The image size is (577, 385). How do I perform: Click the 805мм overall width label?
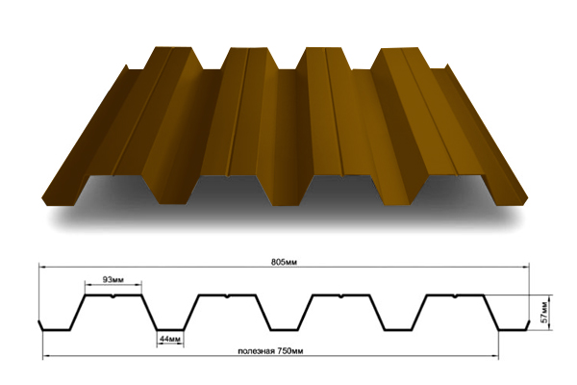[284, 263]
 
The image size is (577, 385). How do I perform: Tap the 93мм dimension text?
[113, 280]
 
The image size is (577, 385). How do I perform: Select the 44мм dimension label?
[170, 338]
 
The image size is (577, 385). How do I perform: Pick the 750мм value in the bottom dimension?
[290, 351]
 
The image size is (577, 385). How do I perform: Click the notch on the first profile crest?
[113, 296]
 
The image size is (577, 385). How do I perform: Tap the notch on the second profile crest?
[227, 296]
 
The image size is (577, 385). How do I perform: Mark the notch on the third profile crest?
[341, 296]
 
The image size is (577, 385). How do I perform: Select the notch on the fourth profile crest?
[455, 296]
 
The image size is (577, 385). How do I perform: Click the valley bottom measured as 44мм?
[170, 329]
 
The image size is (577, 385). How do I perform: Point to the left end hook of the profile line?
[40, 325]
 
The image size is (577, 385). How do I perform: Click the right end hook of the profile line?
[527, 325]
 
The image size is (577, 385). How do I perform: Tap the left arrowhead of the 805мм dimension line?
[41, 266]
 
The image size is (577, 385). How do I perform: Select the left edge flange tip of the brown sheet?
[126, 66]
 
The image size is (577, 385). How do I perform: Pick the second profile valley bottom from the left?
[284, 329]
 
